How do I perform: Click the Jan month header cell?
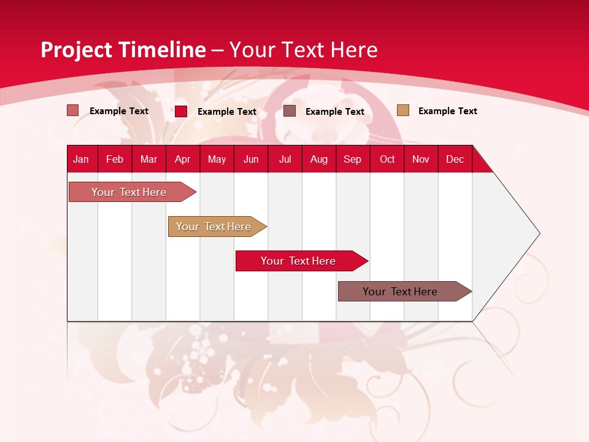point(82,159)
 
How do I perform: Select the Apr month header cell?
point(183,159)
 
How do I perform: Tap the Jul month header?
point(285,159)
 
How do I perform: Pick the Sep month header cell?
point(353,159)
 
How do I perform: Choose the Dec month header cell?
point(455,159)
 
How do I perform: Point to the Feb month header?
point(115,159)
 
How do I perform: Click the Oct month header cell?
point(387,159)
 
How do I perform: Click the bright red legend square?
point(181,111)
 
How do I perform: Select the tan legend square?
point(403,110)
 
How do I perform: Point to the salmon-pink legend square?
point(73,110)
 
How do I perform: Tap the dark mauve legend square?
point(290,111)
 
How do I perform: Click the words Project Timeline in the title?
point(123,50)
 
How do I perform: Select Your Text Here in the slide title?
point(303,50)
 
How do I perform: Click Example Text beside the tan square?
point(447,111)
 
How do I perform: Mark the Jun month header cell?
point(251,159)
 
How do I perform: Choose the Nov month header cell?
point(421,159)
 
